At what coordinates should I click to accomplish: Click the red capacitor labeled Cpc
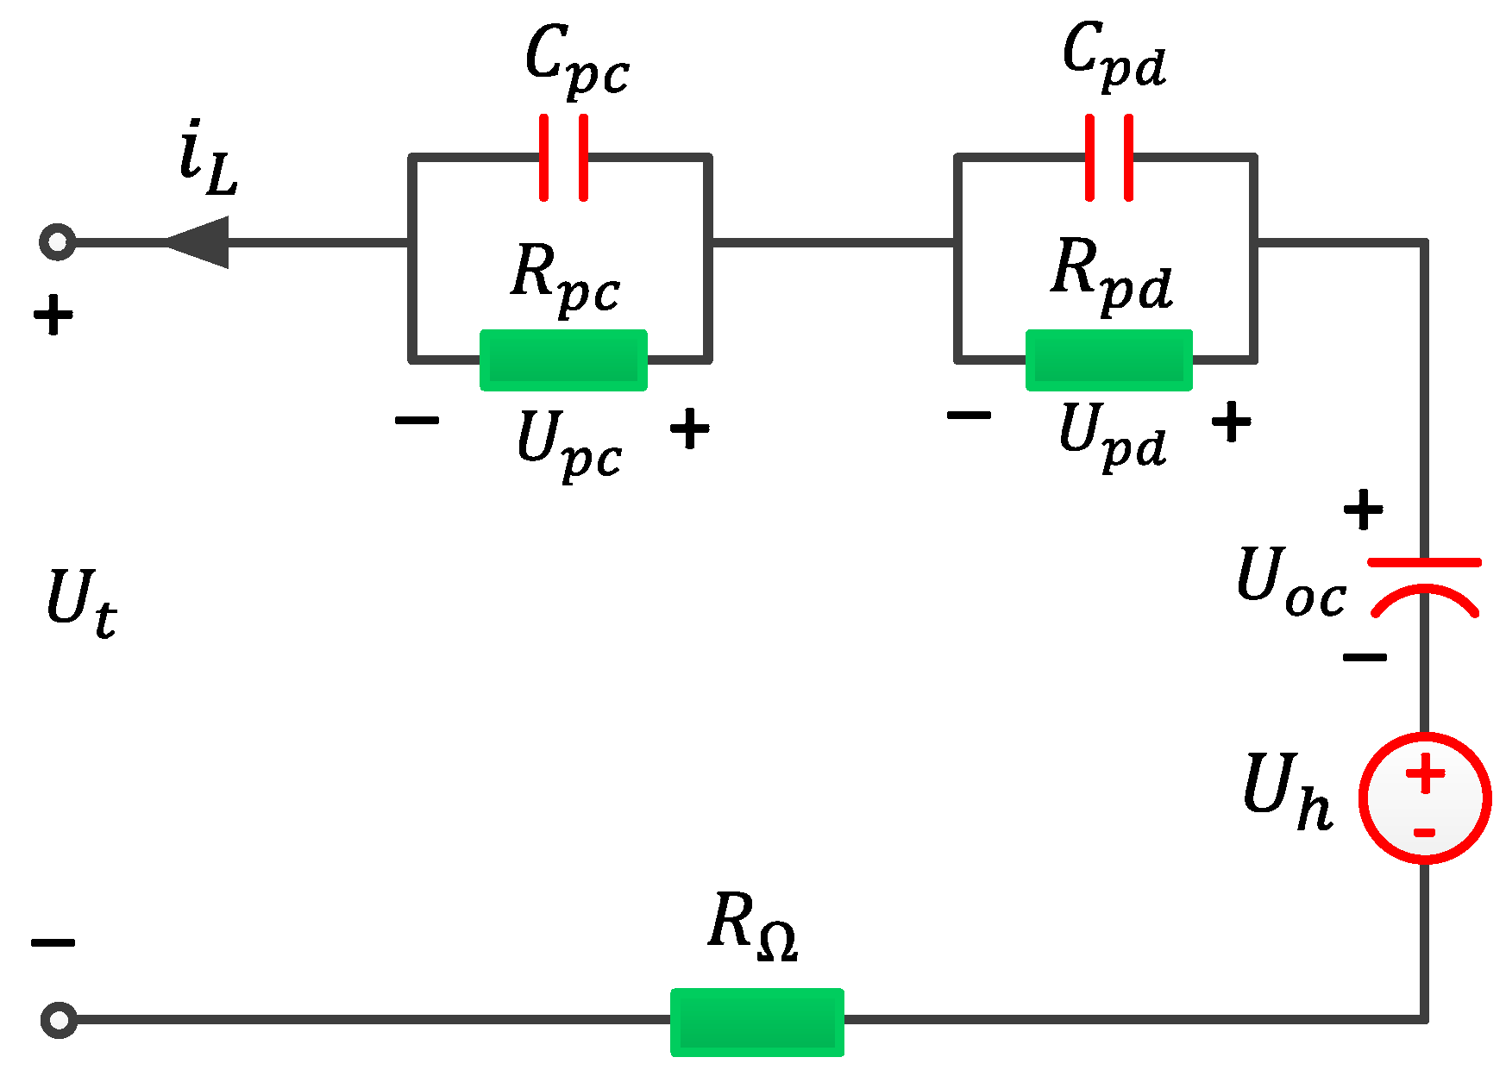pyautogui.click(x=563, y=158)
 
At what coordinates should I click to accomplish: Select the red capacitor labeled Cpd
pyautogui.click(x=1109, y=158)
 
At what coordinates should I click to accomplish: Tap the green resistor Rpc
pyautogui.click(x=563, y=360)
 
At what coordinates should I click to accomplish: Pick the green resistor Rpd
pyautogui.click(x=1109, y=360)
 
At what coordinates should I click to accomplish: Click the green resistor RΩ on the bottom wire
pyautogui.click(x=757, y=1022)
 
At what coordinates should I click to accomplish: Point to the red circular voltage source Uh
pyautogui.click(x=1425, y=798)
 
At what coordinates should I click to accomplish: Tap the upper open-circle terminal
pyautogui.click(x=58, y=242)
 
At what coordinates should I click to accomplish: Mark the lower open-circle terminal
pyautogui.click(x=59, y=1020)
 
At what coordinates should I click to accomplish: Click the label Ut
pyautogui.click(x=80, y=603)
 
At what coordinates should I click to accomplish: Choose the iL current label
pyautogui.click(x=207, y=160)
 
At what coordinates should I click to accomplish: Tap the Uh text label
pyautogui.click(x=1287, y=789)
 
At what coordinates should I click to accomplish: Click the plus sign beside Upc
pyautogui.click(x=690, y=429)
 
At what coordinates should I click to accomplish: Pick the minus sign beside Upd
pyautogui.click(x=969, y=416)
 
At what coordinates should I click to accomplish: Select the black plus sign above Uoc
pyautogui.click(x=1363, y=510)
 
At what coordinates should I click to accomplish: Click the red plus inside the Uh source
pyautogui.click(x=1425, y=773)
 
